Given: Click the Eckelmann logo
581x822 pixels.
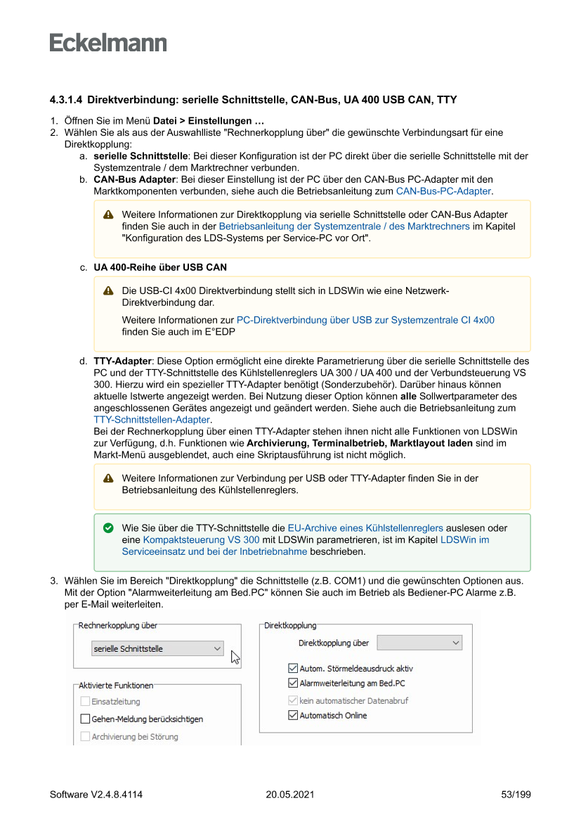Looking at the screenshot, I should click(x=108, y=43).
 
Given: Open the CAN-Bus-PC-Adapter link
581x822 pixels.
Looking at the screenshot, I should click(x=443, y=191).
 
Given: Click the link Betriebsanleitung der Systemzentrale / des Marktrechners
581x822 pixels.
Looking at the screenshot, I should click(x=344, y=226).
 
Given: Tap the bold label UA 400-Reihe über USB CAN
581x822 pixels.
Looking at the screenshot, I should click(x=160, y=267).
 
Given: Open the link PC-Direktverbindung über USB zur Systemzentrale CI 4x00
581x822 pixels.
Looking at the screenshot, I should click(x=365, y=320).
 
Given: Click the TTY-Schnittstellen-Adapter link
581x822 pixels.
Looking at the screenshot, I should click(x=152, y=420).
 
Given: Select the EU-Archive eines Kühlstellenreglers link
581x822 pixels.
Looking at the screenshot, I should click(x=365, y=527).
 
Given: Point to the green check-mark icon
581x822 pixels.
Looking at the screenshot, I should click(x=108, y=527).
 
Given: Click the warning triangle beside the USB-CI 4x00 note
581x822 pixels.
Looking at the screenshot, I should click(x=108, y=290).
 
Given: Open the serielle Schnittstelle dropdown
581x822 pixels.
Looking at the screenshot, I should click(x=158, y=649).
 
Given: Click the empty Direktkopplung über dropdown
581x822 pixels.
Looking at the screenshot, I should click(x=419, y=643).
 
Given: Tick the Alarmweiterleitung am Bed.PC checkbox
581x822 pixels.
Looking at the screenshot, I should click(x=293, y=683).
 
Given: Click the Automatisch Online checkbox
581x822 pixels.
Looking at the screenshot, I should click(x=293, y=715).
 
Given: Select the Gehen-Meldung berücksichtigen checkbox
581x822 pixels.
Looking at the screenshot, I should click(x=85, y=719).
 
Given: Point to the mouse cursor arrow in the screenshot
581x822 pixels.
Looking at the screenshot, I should click(x=235, y=657).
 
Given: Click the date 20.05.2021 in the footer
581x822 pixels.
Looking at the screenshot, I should click(x=290, y=795).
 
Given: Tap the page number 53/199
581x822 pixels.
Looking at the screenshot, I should click(x=516, y=795).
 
